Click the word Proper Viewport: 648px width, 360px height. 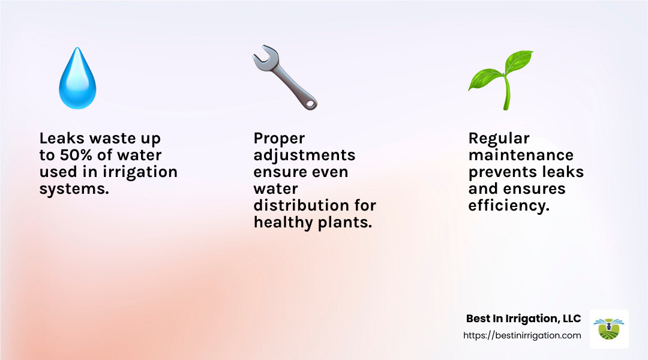[280, 139]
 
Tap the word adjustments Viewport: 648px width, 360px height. [304, 155]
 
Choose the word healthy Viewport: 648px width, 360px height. [280, 222]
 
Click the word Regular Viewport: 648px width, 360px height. [499, 139]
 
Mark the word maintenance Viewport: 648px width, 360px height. [521, 155]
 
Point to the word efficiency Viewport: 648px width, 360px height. [508, 205]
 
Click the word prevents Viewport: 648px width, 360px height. [503, 172]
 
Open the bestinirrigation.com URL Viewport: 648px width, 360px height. [522, 335]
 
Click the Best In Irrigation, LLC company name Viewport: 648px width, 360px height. [523, 318]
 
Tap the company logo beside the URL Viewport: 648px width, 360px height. [609, 329]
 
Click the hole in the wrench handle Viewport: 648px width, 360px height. [310, 104]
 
